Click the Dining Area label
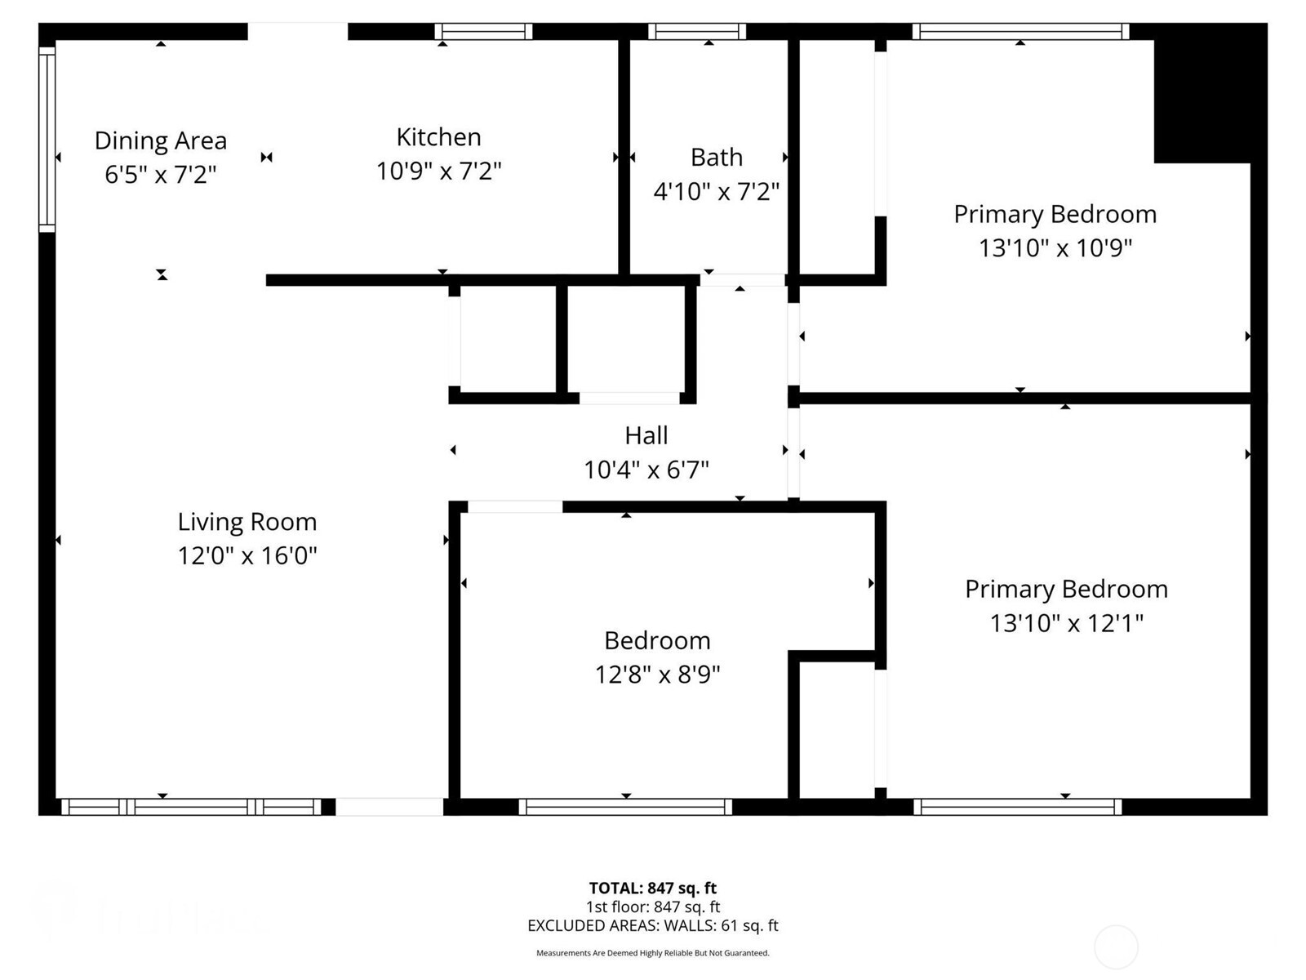(160, 140)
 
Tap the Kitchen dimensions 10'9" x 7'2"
(438, 171)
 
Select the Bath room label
(716, 157)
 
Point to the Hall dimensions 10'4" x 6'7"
(646, 470)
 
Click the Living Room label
(247, 522)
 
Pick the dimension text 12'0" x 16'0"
(247, 556)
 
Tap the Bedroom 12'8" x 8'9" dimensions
(657, 675)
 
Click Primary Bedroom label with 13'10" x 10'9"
(1055, 214)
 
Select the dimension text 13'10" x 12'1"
(1066, 624)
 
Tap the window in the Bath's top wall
(697, 32)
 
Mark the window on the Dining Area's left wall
(47, 139)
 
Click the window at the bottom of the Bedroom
(625, 807)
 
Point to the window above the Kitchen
(483, 32)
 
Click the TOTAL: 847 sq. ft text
(652, 888)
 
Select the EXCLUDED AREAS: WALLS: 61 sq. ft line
(652, 925)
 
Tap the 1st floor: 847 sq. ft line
(652, 906)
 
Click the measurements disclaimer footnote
(652, 953)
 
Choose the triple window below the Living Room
(192, 807)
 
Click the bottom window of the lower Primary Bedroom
(1017, 807)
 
